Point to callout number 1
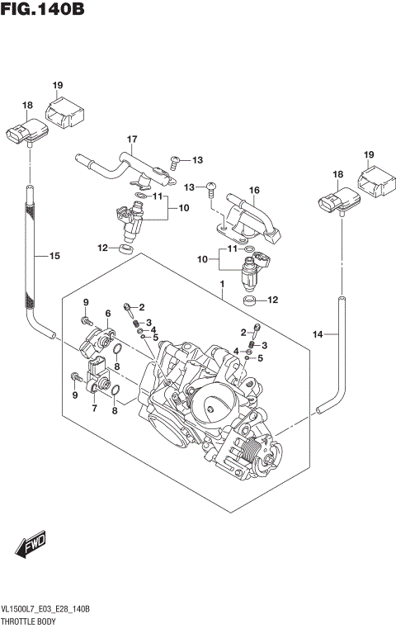click(222, 285)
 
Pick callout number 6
click(107, 313)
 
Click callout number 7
click(93, 409)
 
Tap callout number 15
click(55, 257)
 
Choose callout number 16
click(255, 191)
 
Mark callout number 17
click(130, 139)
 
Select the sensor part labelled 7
click(95, 376)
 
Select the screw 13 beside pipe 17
click(175, 161)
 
